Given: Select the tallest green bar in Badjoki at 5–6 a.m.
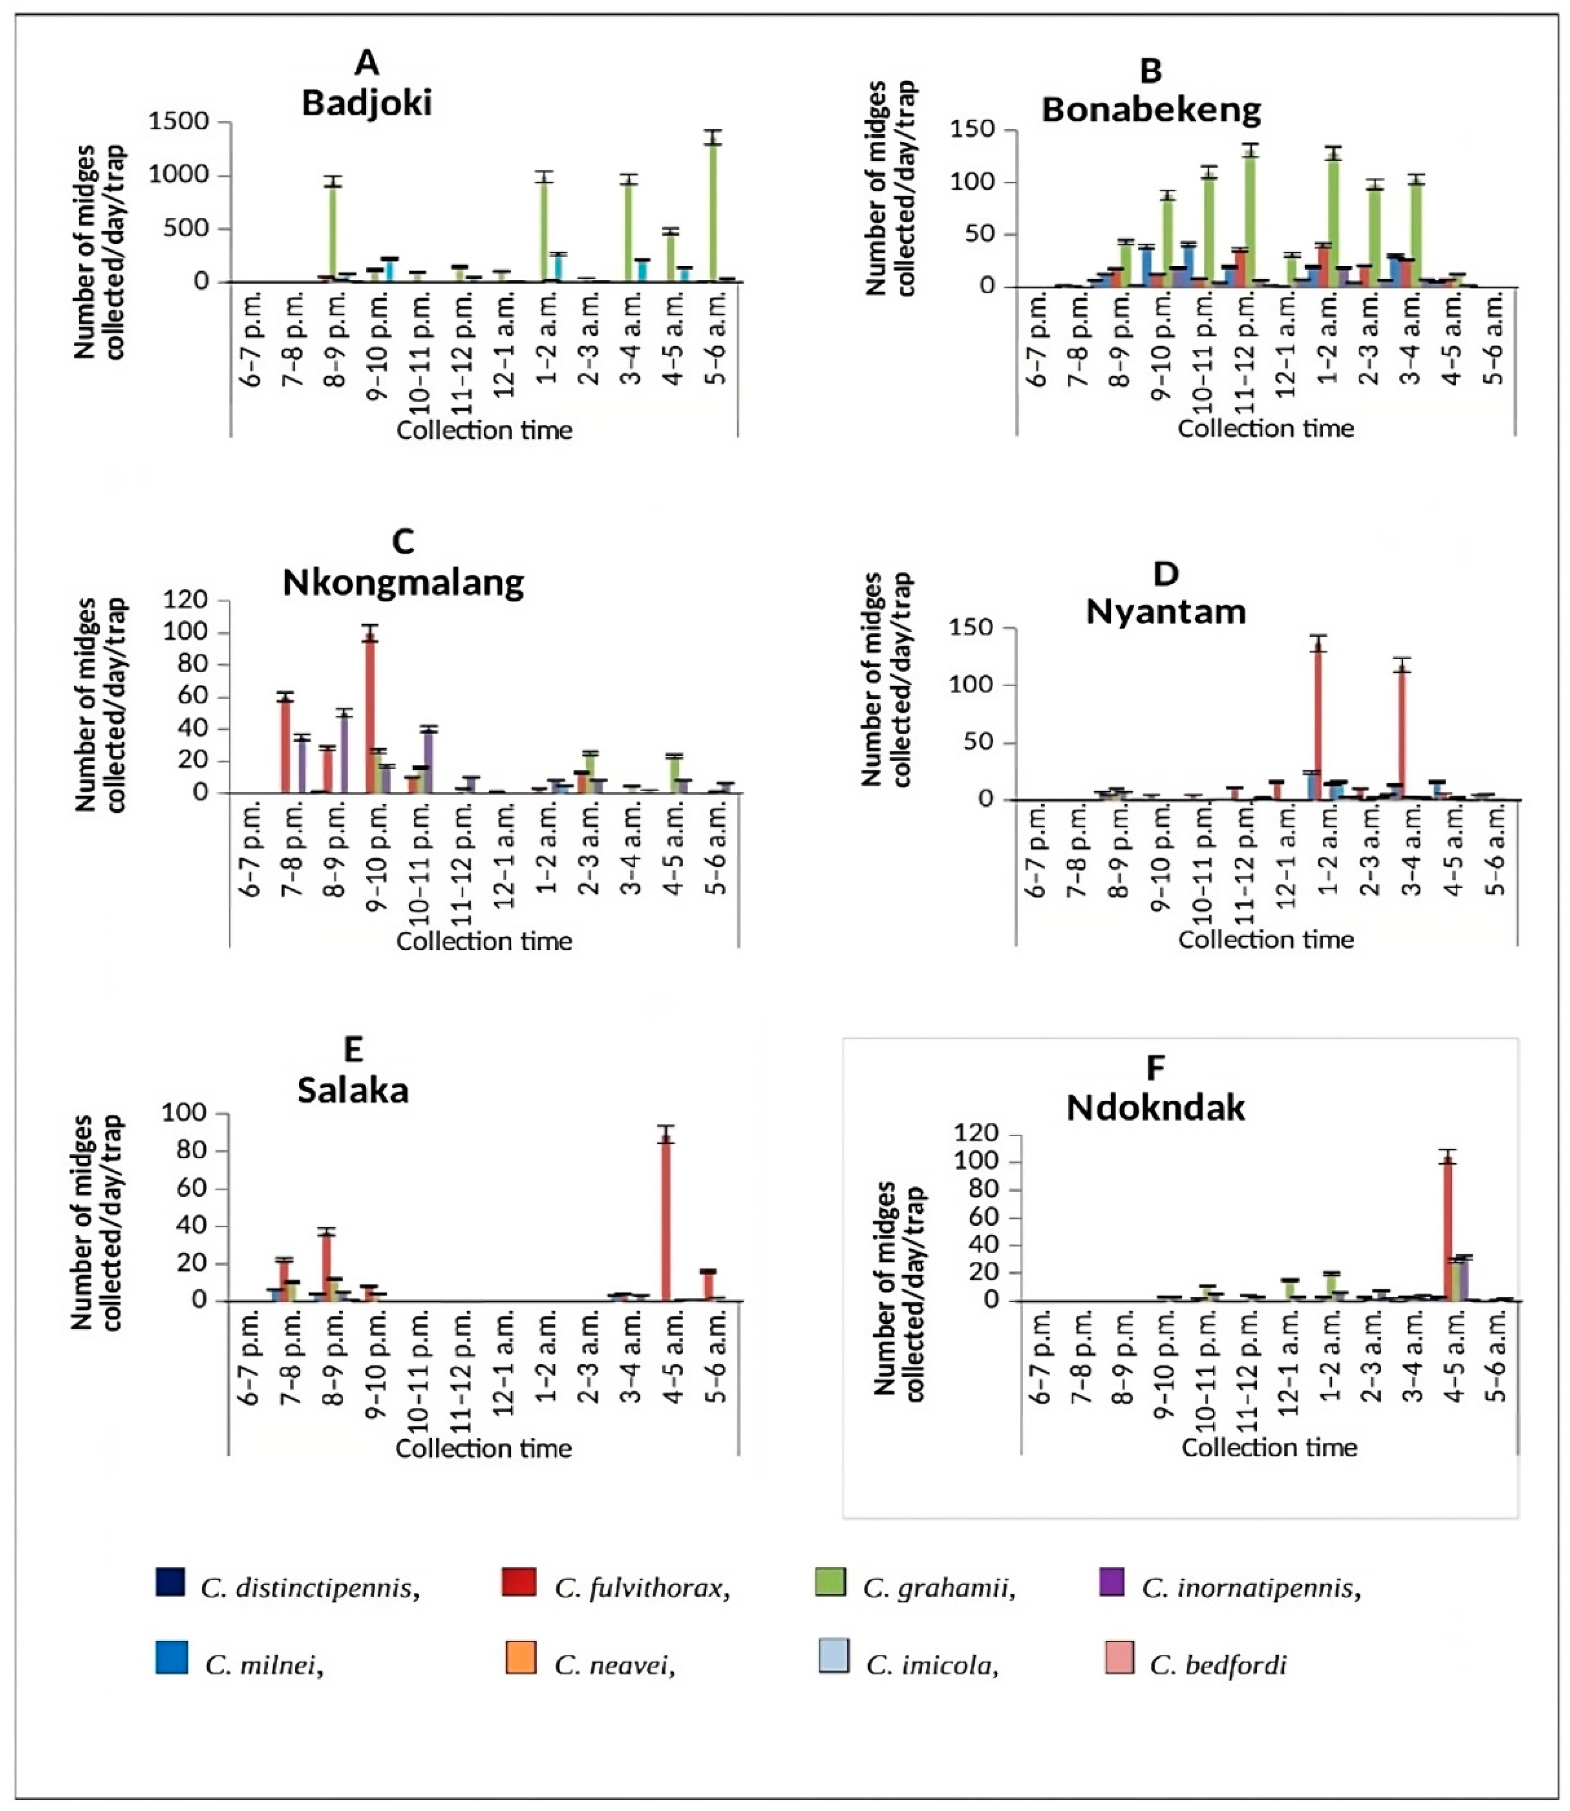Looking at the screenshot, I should click(x=714, y=210).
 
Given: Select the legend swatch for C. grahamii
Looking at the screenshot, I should click(x=830, y=1581).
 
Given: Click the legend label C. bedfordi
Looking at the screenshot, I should click(x=1217, y=1665).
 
